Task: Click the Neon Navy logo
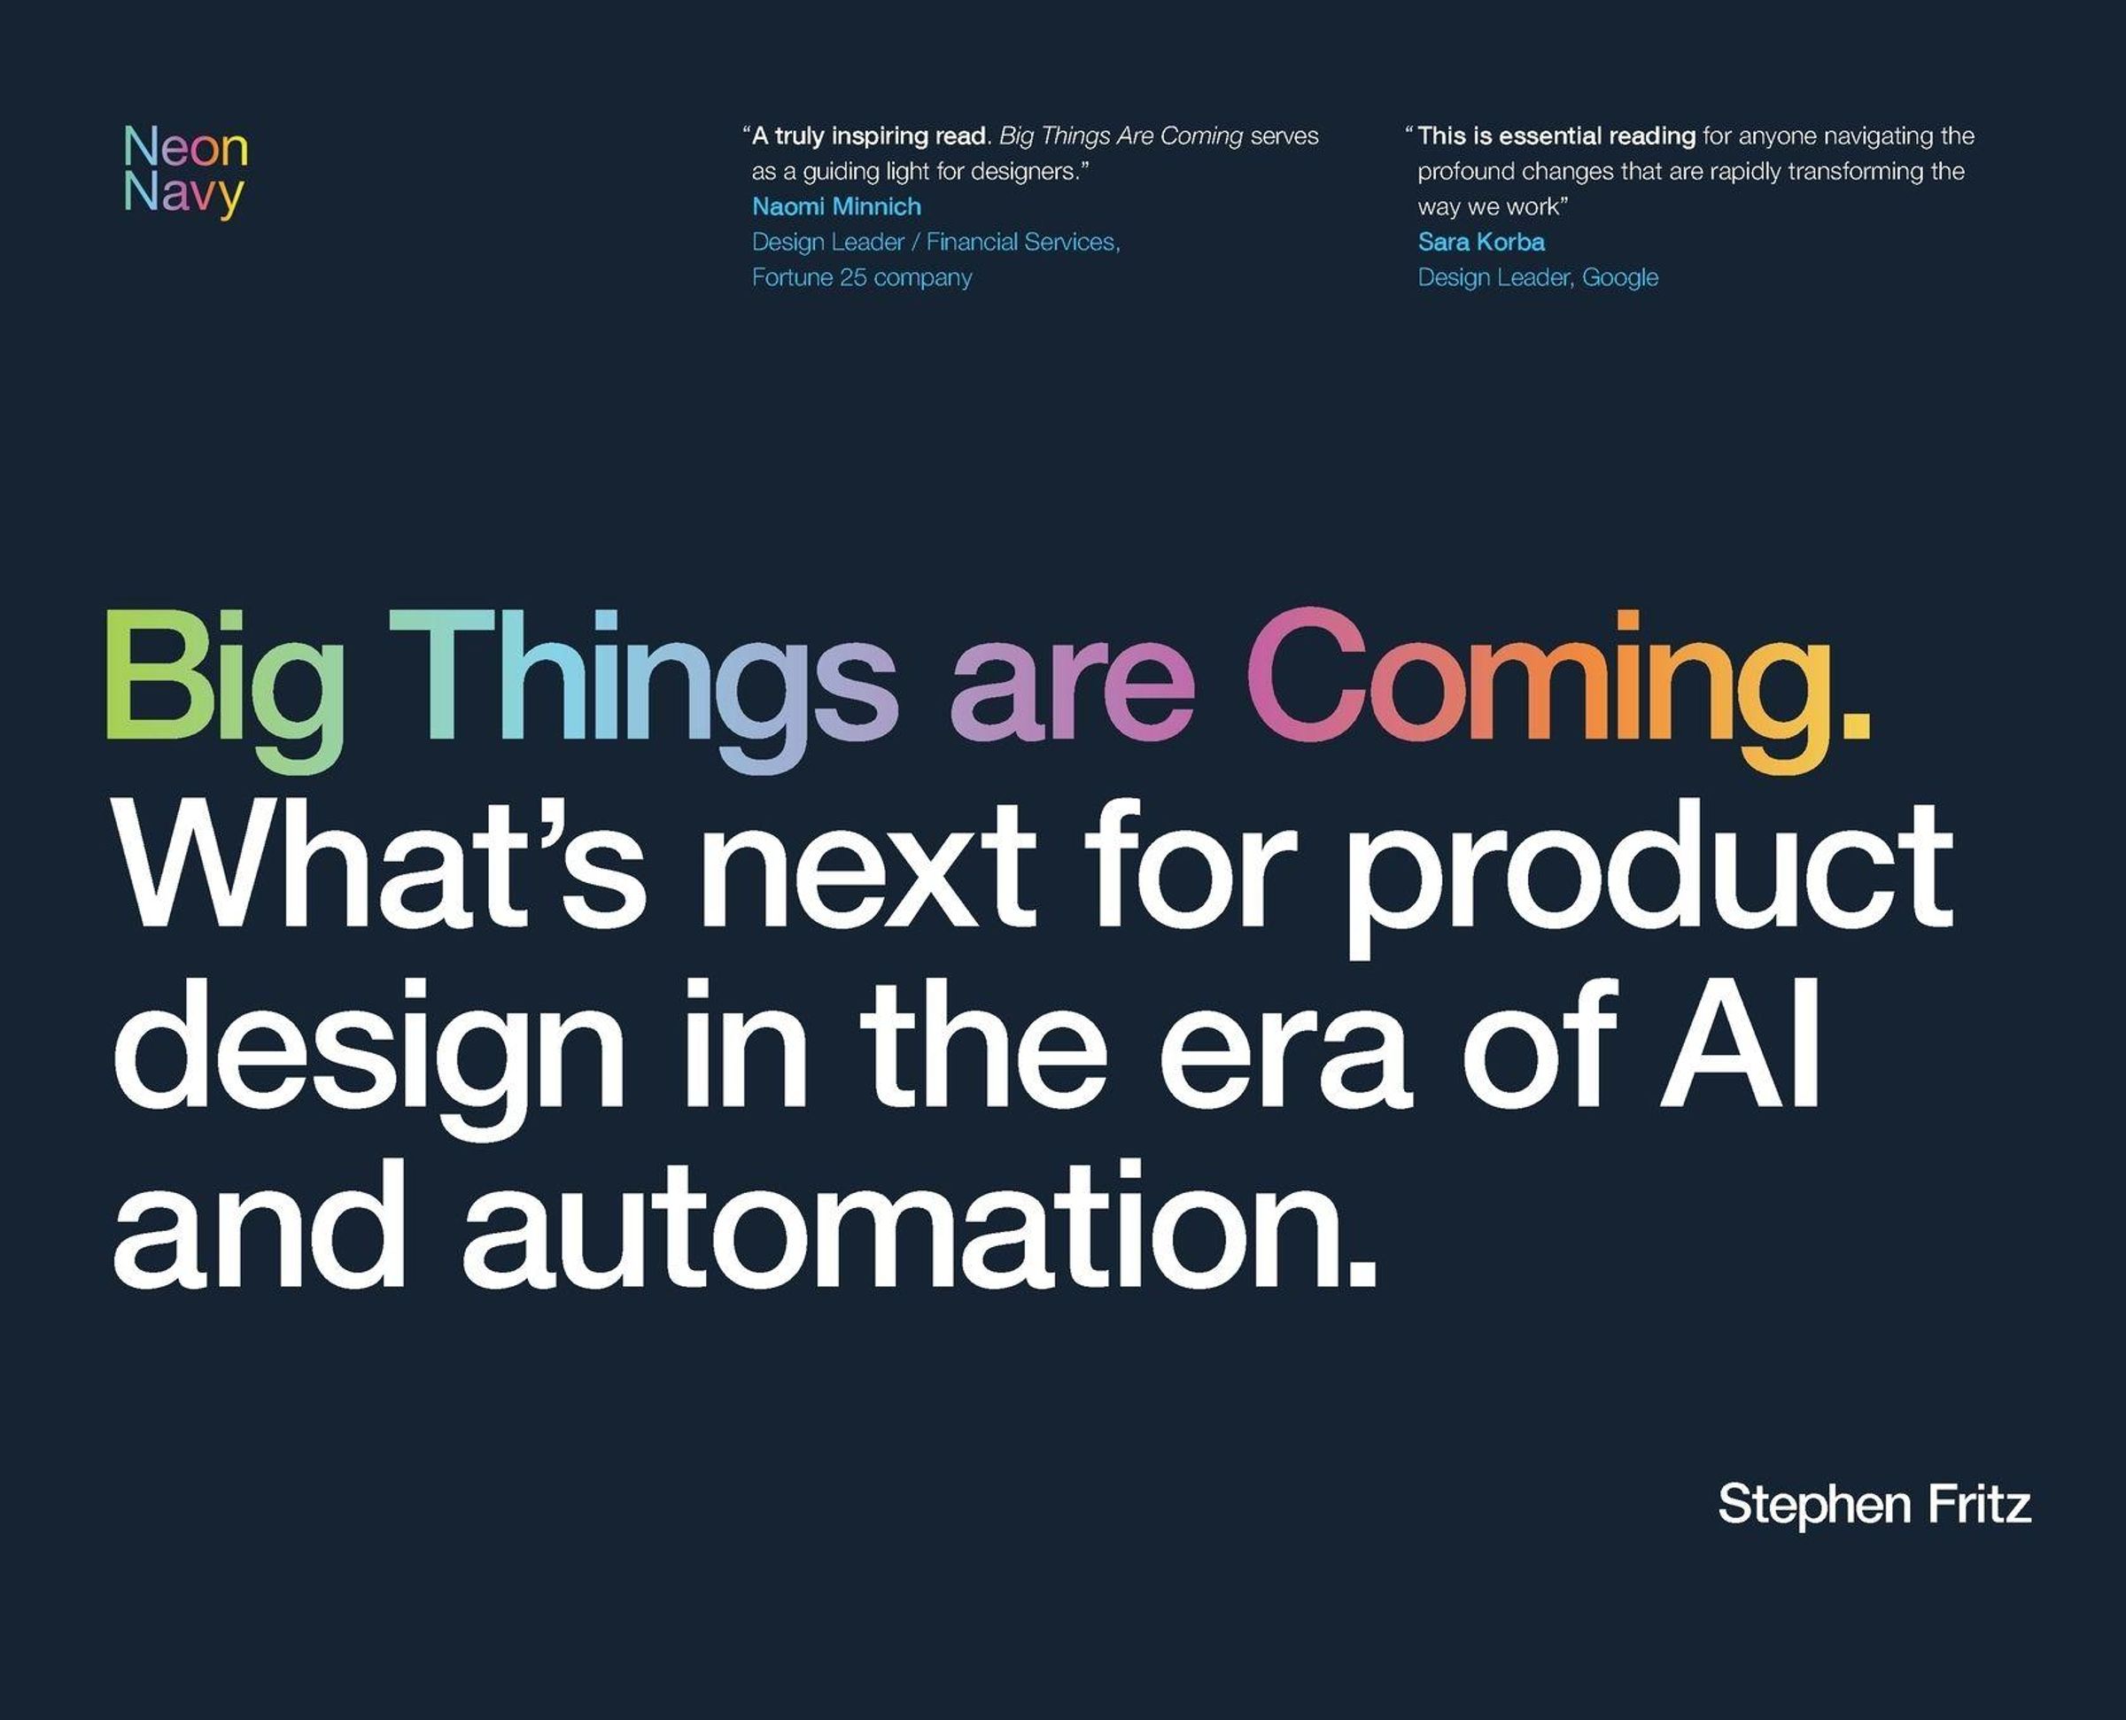(185, 170)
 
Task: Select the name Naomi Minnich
(836, 206)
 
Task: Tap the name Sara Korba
(1481, 242)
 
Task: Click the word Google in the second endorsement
(1620, 277)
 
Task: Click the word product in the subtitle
(1648, 879)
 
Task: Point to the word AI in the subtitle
(1739, 1042)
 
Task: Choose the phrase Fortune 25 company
(862, 277)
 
